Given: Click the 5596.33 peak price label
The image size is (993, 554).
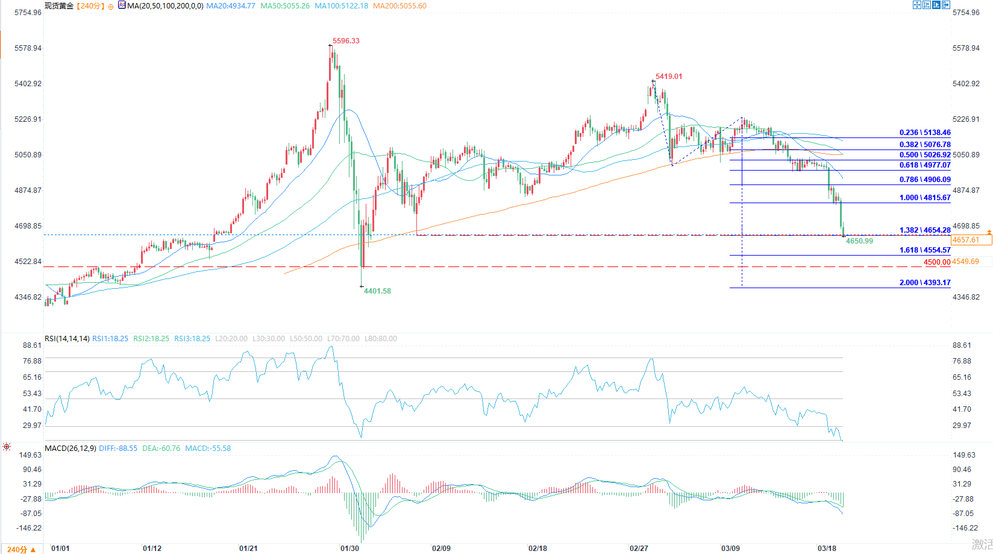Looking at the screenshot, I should (x=346, y=41).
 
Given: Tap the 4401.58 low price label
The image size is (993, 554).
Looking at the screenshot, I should (x=377, y=291).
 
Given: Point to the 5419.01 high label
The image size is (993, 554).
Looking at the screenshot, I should (x=669, y=77).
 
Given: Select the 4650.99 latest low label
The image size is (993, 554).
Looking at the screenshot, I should (x=859, y=241).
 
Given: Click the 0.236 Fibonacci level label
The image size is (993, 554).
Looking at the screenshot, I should (x=925, y=133).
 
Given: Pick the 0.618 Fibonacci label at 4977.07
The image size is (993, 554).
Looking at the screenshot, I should (x=925, y=165).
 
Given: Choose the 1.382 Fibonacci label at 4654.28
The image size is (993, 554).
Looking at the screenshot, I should (x=925, y=230).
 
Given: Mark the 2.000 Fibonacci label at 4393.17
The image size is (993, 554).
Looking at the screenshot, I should (x=925, y=283).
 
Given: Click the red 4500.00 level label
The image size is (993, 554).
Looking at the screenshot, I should (x=936, y=262).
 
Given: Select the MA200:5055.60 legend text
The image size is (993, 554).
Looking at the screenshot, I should (x=399, y=6).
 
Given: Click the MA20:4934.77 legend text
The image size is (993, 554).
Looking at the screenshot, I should (x=231, y=6).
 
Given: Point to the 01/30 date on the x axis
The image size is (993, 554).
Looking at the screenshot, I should (x=349, y=549).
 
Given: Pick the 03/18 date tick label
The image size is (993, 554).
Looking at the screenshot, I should (x=827, y=549).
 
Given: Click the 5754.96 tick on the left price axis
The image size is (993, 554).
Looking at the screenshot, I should (x=28, y=13).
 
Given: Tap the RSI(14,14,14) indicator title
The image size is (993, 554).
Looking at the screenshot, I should (x=67, y=339).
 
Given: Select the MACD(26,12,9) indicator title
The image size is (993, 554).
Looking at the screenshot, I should (x=70, y=449).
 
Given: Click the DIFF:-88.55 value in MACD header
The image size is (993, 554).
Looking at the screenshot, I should (x=118, y=449).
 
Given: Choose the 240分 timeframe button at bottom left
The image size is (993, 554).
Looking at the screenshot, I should (x=21, y=549).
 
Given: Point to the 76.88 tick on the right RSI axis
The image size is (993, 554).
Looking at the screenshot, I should (x=962, y=361).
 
